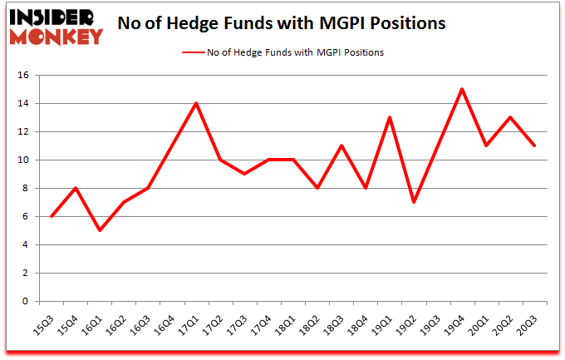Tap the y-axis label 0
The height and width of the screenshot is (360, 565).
click(27, 301)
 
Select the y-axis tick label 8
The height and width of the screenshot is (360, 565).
click(27, 189)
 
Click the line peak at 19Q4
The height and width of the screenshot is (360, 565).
click(462, 90)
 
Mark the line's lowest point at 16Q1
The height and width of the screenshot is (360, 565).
click(99, 230)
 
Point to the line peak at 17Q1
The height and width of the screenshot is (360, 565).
click(194, 104)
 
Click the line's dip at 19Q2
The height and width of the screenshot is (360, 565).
click(414, 202)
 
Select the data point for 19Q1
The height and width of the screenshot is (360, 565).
click(390, 118)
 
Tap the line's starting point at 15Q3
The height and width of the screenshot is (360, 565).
click(52, 216)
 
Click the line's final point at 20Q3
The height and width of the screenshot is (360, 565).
click(534, 146)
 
